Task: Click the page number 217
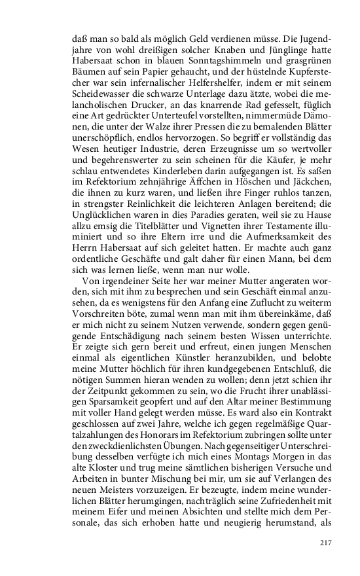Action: tap(326, 543)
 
